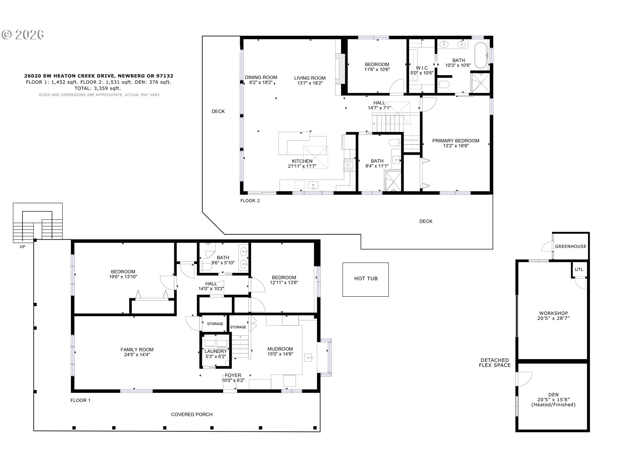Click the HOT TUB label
coord(366,279)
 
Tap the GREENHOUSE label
coord(571,247)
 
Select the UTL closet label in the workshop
coord(579,270)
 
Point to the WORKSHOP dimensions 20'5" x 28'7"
coord(553,318)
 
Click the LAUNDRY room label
coord(216,351)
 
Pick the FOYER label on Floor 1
coord(233,376)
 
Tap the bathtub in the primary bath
coord(481,55)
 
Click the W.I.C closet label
coord(422,68)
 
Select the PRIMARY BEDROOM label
coord(456,141)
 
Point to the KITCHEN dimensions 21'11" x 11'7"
coord(302,166)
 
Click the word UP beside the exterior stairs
coord(22,247)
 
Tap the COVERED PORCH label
coord(192,415)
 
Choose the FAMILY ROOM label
coord(137,350)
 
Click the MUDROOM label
coord(280,349)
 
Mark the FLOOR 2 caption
coord(250,201)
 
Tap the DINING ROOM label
coord(261,78)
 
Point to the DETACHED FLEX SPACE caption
coord(495,363)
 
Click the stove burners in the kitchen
coord(349,165)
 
